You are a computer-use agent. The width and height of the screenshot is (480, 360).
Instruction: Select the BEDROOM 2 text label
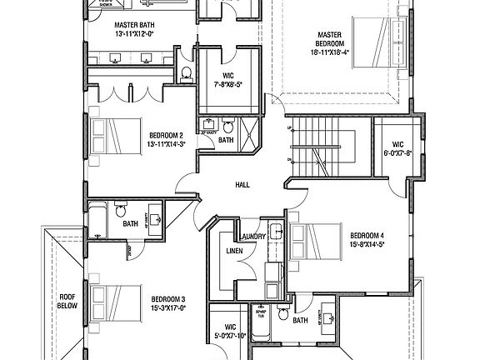point(166,135)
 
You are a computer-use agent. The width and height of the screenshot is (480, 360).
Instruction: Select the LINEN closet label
point(234,251)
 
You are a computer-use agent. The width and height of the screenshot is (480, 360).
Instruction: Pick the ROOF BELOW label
point(67,300)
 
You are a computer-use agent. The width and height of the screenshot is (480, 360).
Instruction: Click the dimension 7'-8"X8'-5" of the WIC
point(227,83)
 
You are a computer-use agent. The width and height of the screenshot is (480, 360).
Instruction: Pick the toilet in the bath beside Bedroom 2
point(227,128)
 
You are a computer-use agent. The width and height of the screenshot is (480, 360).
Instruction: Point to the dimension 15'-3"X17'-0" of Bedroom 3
point(168,307)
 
